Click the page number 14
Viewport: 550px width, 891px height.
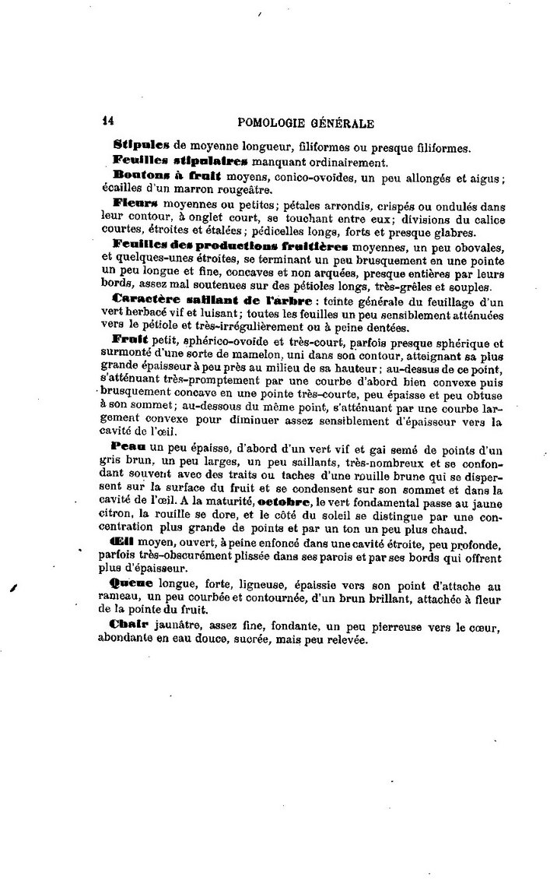109,121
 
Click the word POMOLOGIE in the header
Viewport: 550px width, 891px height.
276,121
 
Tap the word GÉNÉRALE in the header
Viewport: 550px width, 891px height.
342,121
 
